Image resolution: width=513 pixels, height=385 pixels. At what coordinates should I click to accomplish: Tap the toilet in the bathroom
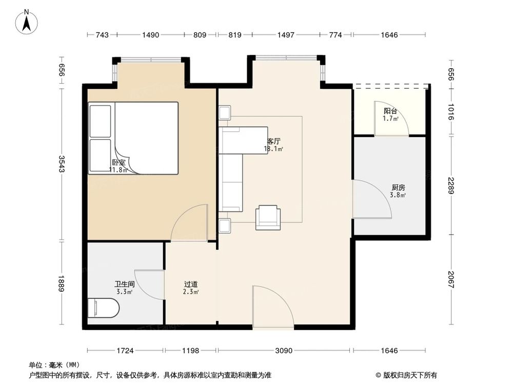click(x=104, y=307)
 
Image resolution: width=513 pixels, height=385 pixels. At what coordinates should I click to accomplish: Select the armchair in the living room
click(x=268, y=217)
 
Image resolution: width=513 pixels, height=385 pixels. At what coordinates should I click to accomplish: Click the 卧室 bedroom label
click(x=119, y=162)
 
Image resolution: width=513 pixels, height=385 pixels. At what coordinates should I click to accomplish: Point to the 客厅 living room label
click(x=274, y=142)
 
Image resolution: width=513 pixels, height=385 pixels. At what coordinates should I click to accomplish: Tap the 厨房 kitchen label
click(x=398, y=187)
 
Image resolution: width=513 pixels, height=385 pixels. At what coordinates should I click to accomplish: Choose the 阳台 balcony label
click(x=390, y=111)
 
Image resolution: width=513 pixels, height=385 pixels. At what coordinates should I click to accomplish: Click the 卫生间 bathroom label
click(x=124, y=284)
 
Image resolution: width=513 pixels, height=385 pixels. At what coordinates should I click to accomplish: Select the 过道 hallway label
click(x=191, y=284)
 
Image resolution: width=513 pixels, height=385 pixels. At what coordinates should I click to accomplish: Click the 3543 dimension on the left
click(x=62, y=164)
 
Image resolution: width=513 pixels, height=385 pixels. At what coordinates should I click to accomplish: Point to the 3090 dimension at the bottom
click(x=284, y=351)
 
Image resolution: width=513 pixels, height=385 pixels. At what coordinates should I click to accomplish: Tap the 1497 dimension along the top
click(x=286, y=35)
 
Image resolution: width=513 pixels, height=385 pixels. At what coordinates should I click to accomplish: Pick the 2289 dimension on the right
click(x=451, y=185)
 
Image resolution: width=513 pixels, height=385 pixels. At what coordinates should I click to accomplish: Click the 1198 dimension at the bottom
click(x=190, y=351)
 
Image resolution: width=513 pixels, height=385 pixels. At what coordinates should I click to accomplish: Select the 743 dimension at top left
click(x=102, y=35)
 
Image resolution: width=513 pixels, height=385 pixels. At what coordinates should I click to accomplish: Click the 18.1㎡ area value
click(x=273, y=149)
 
